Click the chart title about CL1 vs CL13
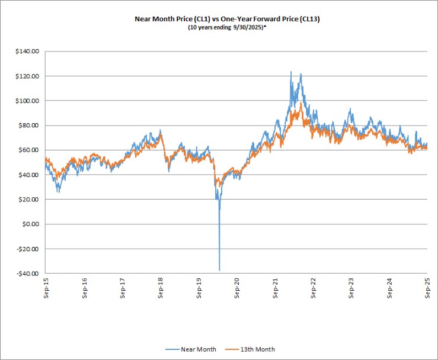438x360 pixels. click(x=227, y=19)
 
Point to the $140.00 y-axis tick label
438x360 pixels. click(x=27, y=52)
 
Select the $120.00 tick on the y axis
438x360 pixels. click(x=27, y=76)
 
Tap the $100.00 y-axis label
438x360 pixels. click(x=27, y=101)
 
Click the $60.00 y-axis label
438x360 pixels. click(x=29, y=150)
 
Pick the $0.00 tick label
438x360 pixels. click(x=30, y=224)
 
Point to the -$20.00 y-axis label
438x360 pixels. click(x=28, y=249)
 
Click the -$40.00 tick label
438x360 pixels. click(x=28, y=274)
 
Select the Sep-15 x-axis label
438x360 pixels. click(x=46, y=288)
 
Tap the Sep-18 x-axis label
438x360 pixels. click(x=161, y=288)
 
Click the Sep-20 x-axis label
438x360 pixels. click(x=237, y=288)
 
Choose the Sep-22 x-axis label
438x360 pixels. click(x=313, y=288)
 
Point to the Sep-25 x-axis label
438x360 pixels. click(x=427, y=288)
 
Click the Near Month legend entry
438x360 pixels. click(x=190, y=349)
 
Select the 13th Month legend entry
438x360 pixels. click(x=250, y=349)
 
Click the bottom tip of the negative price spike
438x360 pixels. click(x=219, y=271)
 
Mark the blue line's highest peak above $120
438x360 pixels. click(x=291, y=72)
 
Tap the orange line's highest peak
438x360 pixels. click(x=301, y=102)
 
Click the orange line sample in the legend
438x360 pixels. click(x=232, y=349)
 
